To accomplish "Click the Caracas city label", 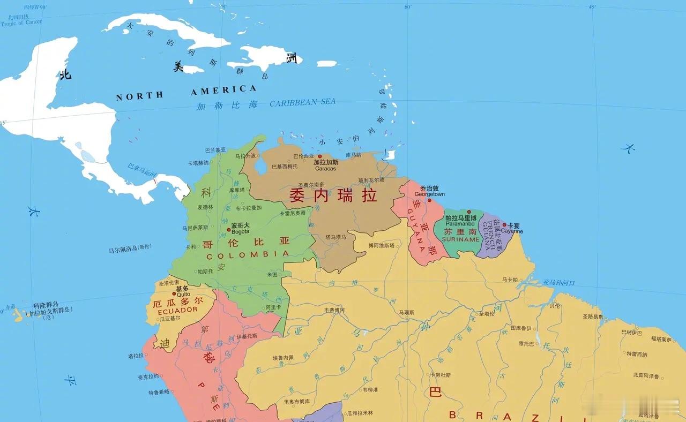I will pyautogui.click(x=325, y=169).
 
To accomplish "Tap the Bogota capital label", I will pyautogui.click(x=240, y=232).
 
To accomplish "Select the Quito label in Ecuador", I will pyautogui.click(x=183, y=295).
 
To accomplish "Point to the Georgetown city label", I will pyautogui.click(x=430, y=194).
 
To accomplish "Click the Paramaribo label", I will pyautogui.click(x=461, y=224).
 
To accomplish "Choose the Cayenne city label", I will pyautogui.click(x=512, y=232).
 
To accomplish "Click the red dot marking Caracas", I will pyautogui.click(x=320, y=156).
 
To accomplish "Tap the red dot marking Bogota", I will pyautogui.click(x=229, y=230).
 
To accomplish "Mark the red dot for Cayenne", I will pyautogui.click(x=504, y=225).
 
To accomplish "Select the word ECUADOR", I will pyautogui.click(x=178, y=310).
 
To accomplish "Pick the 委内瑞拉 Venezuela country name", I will pyautogui.click(x=333, y=194).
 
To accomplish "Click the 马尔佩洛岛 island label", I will pyautogui.click(x=130, y=248).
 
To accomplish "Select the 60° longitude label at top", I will pyautogui.click(x=408, y=7).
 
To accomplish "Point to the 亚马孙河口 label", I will pyautogui.click(x=558, y=282).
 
